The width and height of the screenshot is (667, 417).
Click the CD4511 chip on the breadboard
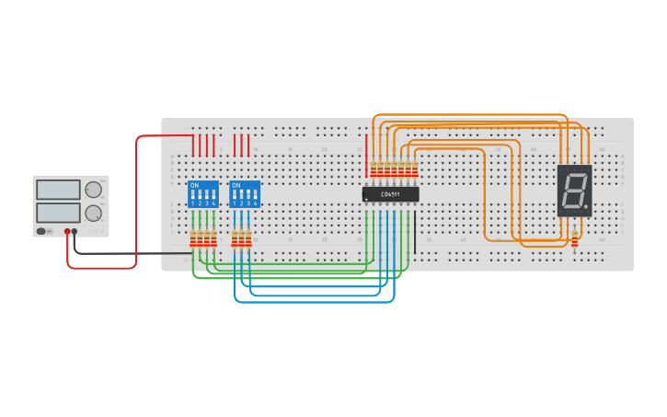pyautogui.click(x=391, y=194)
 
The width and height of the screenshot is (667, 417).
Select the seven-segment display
pyautogui.click(x=574, y=191)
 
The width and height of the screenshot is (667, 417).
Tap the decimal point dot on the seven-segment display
pyautogui.click(x=587, y=209)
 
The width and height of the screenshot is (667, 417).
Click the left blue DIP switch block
pyautogui.click(x=202, y=194)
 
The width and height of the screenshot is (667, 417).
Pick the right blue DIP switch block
pyautogui.click(x=245, y=194)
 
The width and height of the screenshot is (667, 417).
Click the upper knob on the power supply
pyautogui.click(x=93, y=190)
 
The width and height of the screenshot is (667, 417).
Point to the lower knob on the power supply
pyautogui.click(x=93, y=213)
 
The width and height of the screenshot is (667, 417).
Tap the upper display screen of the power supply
pyautogui.click(x=58, y=190)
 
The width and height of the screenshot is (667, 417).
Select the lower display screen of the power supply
pyautogui.click(x=58, y=213)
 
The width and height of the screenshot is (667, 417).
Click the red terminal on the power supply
pyautogui.click(x=67, y=231)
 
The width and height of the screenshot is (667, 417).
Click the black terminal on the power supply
pyautogui.click(x=75, y=231)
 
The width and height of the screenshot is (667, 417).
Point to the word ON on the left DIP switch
pyautogui.click(x=193, y=185)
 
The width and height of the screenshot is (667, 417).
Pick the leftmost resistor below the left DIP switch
pyautogui.click(x=193, y=239)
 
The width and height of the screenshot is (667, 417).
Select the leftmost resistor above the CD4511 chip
pyautogui.click(x=373, y=168)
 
